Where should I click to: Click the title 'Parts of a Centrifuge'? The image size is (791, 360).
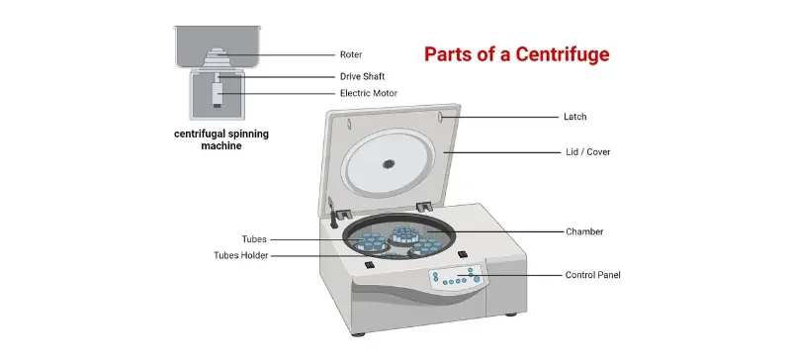pos(517,54)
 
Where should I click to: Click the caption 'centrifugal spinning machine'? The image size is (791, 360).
pos(221,138)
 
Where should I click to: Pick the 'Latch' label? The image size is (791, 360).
pos(574,117)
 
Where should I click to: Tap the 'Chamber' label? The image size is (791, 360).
pos(583,231)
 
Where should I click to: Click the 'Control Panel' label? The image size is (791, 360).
pos(592,274)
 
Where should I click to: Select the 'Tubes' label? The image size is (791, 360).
pos(254,238)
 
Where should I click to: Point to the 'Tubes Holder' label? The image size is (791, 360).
pos(240,255)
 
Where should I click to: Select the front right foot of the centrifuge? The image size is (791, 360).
pos(510,315)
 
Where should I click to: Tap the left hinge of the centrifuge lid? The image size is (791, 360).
pos(343,213)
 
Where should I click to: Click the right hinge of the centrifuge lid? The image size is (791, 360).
pos(423,205)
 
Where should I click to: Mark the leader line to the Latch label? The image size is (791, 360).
pos(504,117)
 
